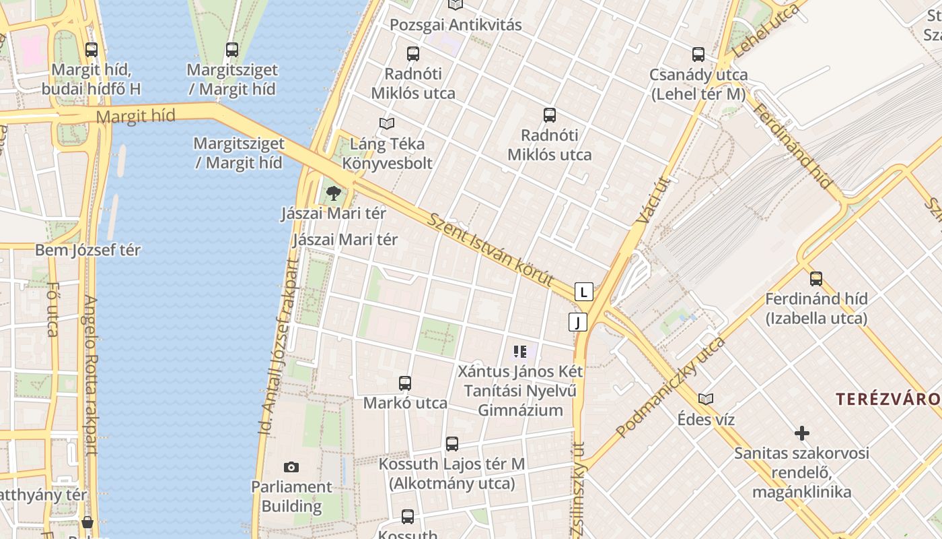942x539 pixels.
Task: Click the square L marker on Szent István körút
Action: coord(584,292)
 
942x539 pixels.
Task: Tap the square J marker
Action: coord(577,322)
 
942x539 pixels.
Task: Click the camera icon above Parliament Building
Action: coord(291,467)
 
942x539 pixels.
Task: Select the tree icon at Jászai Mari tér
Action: coord(333,194)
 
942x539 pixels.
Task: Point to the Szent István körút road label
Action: coord(491,250)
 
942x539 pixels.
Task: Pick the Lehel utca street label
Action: coord(766,30)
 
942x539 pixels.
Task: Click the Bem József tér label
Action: coord(87,250)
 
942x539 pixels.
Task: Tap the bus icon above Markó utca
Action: coord(405,383)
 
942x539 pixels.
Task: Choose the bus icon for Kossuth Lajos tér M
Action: coord(452,444)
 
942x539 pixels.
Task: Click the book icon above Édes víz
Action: coord(706,399)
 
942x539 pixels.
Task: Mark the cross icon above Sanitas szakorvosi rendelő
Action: coord(801,433)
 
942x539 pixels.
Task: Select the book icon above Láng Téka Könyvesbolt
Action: coord(387,123)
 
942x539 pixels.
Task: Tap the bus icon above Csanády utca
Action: coord(698,55)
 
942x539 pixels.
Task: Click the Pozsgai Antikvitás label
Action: coord(456,26)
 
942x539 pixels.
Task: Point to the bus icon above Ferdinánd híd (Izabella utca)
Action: coord(816,278)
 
